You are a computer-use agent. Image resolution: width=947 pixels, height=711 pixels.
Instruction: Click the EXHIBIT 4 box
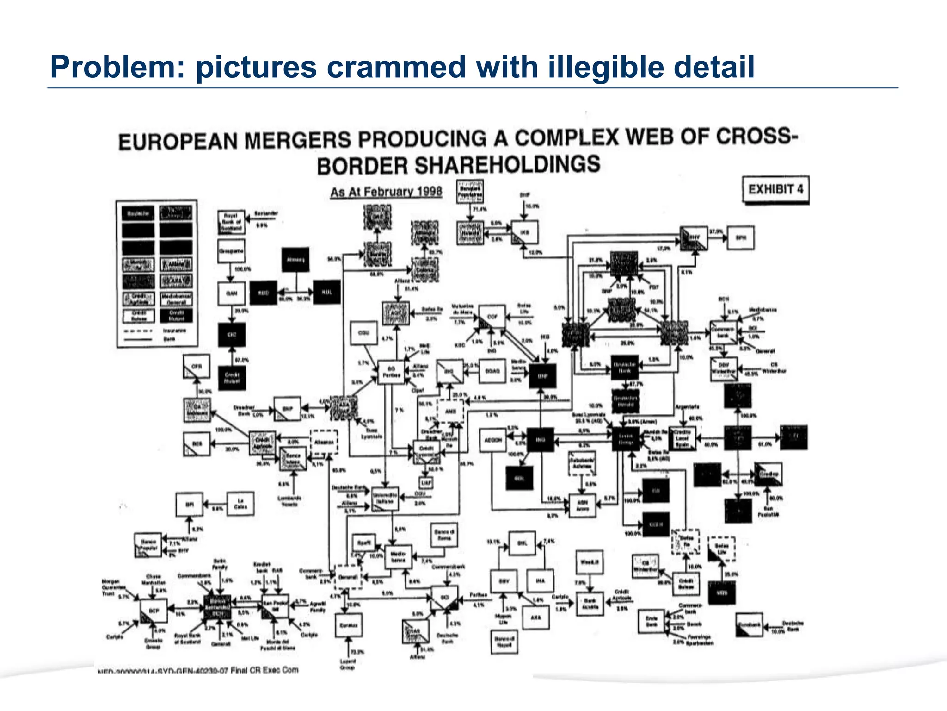775,189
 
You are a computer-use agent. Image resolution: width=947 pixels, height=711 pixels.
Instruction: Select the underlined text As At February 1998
386,192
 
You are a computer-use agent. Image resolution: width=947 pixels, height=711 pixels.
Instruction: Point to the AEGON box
493,440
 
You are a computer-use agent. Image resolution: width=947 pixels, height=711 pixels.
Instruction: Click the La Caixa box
240,504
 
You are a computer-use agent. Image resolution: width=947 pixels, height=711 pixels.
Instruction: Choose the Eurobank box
749,624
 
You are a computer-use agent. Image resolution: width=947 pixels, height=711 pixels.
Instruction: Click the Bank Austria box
590,603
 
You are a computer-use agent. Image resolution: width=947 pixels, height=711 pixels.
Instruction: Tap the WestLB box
590,562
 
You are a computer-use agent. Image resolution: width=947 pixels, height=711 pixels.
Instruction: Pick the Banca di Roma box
444,535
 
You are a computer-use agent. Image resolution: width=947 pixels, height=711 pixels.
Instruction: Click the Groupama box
231,251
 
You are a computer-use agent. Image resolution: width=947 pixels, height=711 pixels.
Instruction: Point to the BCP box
154,611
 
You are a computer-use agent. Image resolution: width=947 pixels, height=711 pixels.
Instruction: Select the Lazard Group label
347,664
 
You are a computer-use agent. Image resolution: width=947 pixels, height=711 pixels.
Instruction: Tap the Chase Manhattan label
153,579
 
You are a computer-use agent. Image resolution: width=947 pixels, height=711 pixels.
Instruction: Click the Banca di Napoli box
504,642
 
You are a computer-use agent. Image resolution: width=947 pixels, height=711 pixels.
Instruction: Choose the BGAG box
492,371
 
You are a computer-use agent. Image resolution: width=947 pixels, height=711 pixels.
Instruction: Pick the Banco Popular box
148,544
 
